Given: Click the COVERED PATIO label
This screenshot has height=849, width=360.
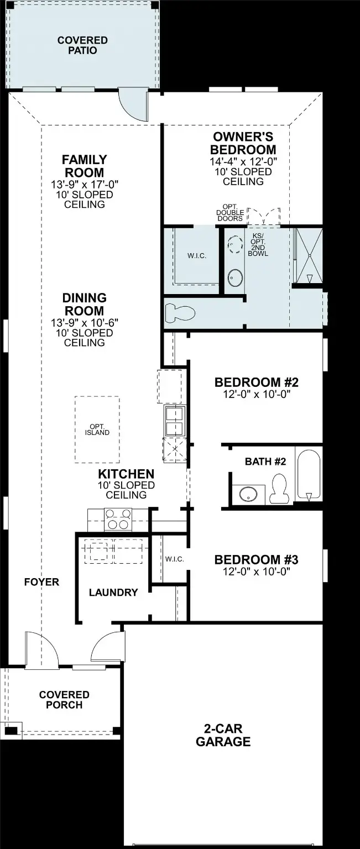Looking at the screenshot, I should pos(82,45).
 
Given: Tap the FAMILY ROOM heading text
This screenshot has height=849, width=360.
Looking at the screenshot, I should pos(84,166).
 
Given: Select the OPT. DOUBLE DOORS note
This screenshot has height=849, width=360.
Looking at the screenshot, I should pos(230,213).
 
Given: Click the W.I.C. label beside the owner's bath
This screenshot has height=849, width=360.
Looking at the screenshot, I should pos(197,256).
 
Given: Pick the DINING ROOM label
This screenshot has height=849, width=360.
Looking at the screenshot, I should pos(84,305).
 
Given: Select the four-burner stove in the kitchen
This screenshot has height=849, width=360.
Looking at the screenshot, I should pos(118,520).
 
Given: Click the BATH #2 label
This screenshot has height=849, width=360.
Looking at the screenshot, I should pos(265,462).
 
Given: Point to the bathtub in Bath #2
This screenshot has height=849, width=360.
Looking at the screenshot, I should pos(308,473).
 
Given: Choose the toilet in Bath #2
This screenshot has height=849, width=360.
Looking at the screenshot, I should pos(280,490).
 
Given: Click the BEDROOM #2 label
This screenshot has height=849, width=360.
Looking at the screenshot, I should pos(256,382).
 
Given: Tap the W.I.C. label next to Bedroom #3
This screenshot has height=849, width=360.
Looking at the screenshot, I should pos(174,559).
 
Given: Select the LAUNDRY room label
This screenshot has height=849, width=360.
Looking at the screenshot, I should pos(113,593).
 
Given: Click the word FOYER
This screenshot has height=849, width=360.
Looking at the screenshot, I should pos(41,582).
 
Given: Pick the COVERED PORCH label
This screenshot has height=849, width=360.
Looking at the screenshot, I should pos(64,700).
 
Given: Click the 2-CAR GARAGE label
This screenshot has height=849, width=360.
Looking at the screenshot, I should pos(223,735).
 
